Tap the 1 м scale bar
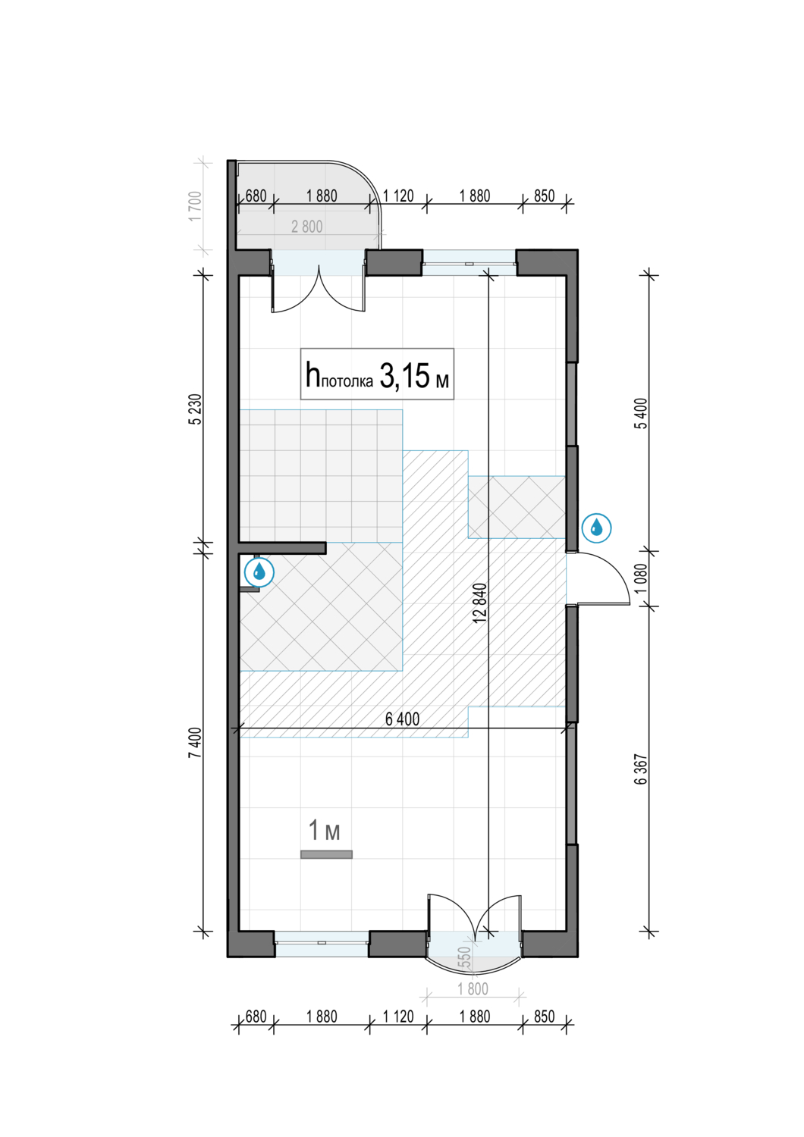point(326,855)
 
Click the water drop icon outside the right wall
point(596,528)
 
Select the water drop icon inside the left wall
point(259,572)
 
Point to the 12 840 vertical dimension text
point(479,603)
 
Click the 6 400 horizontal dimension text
point(402,719)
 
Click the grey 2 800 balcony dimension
point(306,227)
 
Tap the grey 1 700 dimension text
point(195,206)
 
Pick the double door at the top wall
point(319,288)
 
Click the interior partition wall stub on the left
point(282,548)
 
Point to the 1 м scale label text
point(325,831)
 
